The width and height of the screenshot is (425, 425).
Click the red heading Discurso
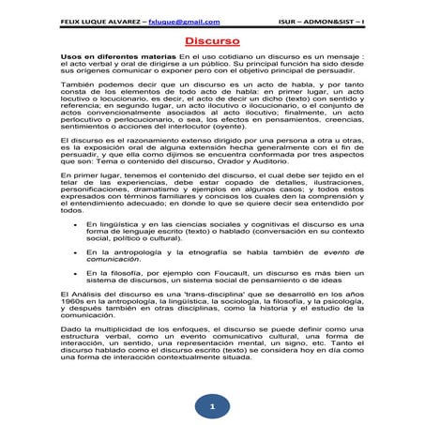pyautogui.click(x=212, y=41)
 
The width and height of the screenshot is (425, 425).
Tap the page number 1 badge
pyautogui.click(x=212, y=406)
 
